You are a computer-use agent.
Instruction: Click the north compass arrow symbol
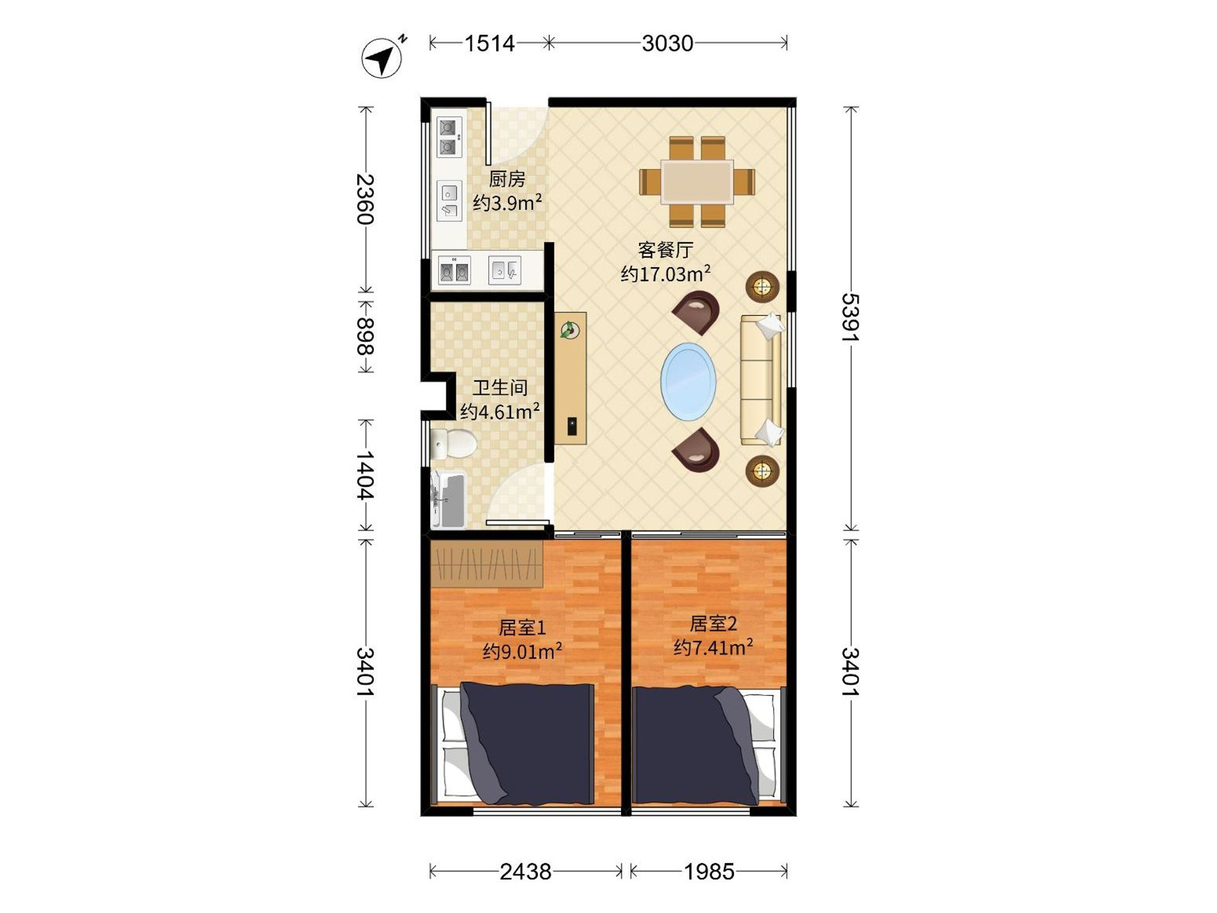382,57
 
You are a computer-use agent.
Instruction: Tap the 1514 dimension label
490,43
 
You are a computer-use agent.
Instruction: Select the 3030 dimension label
667,43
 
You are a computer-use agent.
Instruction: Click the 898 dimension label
365,336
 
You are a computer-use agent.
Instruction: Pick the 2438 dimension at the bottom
525,872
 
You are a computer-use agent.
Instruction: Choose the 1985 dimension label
709,872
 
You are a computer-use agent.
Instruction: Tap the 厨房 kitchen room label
507,179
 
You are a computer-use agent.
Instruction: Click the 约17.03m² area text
665,273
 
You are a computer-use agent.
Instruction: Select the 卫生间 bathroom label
500,388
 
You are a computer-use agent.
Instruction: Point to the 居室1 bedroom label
522,627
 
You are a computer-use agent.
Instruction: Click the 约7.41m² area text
713,647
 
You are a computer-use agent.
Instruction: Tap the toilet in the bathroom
453,444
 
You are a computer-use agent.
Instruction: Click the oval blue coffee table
688,381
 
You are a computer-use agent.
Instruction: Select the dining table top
697,182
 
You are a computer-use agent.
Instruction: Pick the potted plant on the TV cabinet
570,330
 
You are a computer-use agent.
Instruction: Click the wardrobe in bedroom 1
486,563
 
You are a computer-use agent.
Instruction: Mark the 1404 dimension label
365,475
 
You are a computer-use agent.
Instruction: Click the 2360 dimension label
365,199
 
